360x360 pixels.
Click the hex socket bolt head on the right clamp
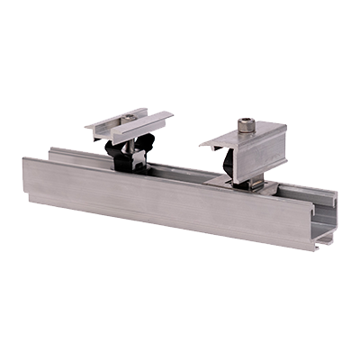(x=246, y=125)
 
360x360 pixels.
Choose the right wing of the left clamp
(x=153, y=118)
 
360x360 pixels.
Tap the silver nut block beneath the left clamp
(x=138, y=161)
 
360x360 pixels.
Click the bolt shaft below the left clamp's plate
(x=135, y=142)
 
